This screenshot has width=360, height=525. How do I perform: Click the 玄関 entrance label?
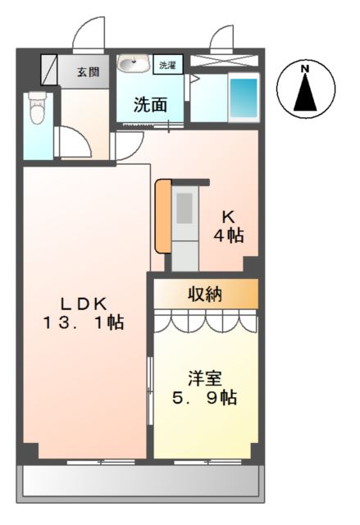click(88, 72)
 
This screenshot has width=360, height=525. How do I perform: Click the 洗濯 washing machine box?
click(167, 64)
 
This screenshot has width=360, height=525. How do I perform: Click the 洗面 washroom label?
click(151, 105)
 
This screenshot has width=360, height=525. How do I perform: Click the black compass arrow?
click(305, 94)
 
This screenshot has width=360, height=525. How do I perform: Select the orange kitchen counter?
click(162, 216)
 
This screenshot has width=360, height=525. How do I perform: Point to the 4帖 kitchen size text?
click(230, 235)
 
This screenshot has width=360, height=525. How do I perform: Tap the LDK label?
click(83, 301)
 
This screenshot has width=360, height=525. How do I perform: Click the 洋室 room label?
click(206, 379)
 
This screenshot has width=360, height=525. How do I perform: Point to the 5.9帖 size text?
click(206, 399)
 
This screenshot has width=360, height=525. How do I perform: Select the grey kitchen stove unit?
click(185, 230)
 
